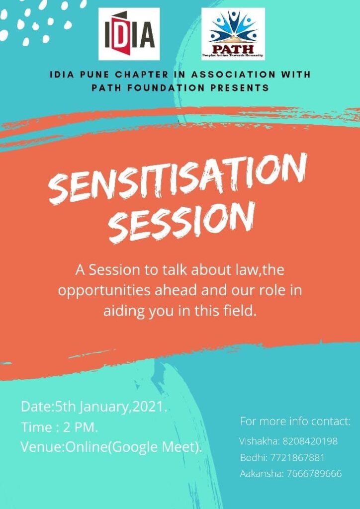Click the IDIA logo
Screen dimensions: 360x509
129,34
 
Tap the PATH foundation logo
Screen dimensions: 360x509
233,34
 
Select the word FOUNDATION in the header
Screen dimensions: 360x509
166,88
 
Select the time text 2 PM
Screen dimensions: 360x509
81,427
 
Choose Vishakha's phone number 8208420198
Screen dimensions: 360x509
310,441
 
